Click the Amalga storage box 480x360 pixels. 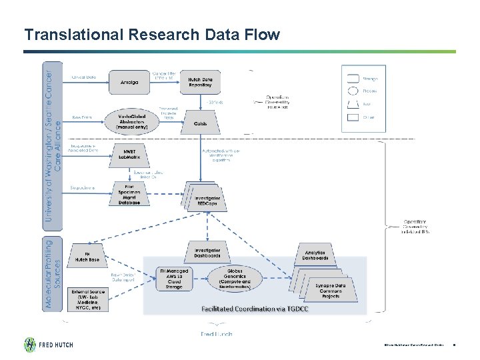130,82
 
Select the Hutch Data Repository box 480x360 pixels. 199,82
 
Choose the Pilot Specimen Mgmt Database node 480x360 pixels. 129,194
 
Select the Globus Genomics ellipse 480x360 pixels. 235,280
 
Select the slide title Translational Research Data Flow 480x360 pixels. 152,34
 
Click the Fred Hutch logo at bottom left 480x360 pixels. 49,345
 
